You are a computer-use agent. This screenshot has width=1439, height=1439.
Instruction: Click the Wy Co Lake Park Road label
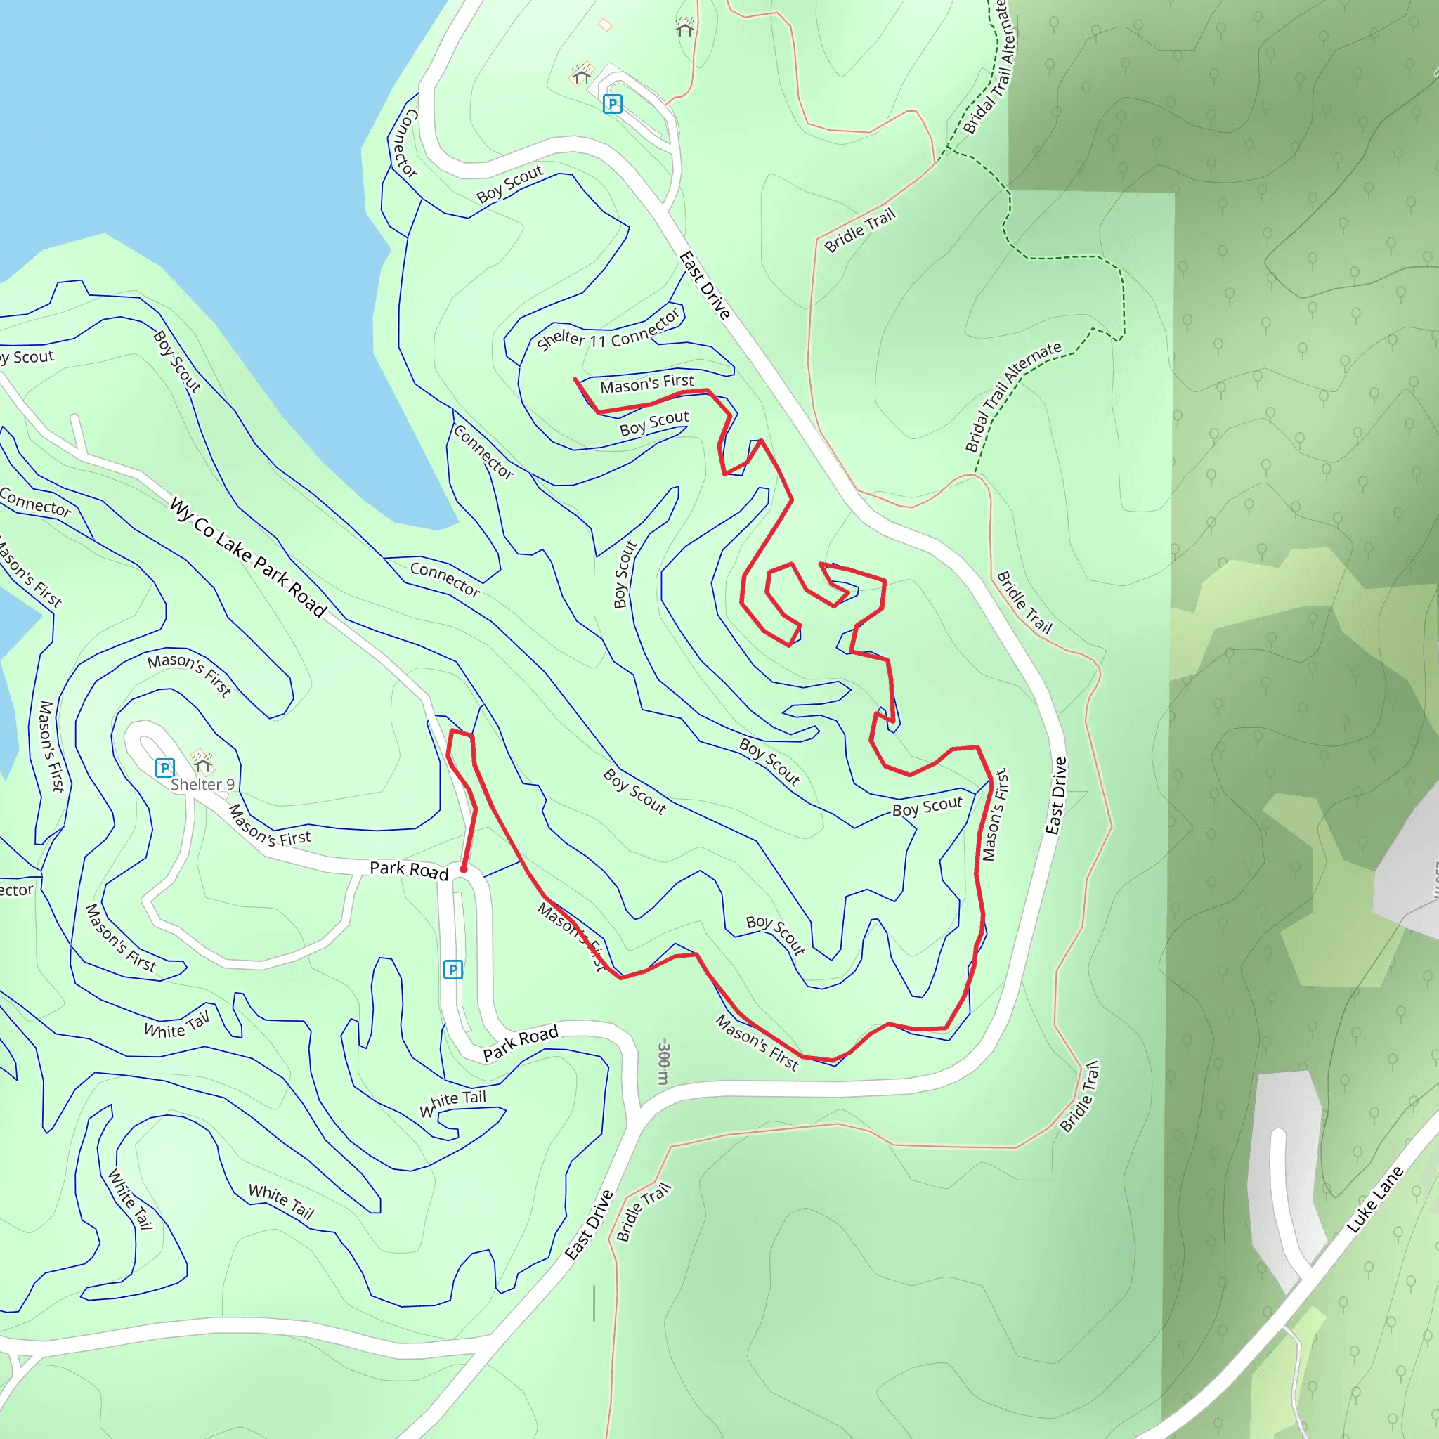click(x=248, y=557)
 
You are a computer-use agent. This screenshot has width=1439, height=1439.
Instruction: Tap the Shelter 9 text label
click(x=202, y=784)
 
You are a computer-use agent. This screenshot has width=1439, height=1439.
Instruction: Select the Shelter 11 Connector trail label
click(x=608, y=330)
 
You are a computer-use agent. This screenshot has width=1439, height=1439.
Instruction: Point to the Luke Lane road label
click(x=1375, y=1199)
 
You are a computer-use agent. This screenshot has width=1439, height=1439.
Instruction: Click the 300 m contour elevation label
click(x=663, y=1064)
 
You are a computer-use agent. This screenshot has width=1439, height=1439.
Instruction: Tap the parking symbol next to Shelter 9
click(x=164, y=767)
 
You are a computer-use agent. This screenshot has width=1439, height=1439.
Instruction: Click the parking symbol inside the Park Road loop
click(x=453, y=969)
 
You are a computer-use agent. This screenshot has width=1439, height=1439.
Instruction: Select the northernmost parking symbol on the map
click(x=612, y=103)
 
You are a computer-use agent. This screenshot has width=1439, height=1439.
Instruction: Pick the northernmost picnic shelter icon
click(x=684, y=27)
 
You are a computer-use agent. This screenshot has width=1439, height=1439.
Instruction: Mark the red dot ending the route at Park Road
click(x=463, y=869)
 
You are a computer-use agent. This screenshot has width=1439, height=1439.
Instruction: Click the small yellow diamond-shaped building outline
click(x=605, y=25)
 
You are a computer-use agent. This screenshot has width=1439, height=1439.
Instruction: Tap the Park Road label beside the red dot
click(x=409, y=870)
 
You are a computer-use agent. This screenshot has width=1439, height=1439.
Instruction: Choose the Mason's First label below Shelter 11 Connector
click(x=646, y=384)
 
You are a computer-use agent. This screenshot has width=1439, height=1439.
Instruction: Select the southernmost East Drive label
click(x=588, y=1225)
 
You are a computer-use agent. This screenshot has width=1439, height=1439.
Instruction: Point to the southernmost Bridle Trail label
click(x=644, y=1212)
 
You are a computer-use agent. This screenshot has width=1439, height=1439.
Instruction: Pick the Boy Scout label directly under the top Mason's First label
click(x=654, y=423)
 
